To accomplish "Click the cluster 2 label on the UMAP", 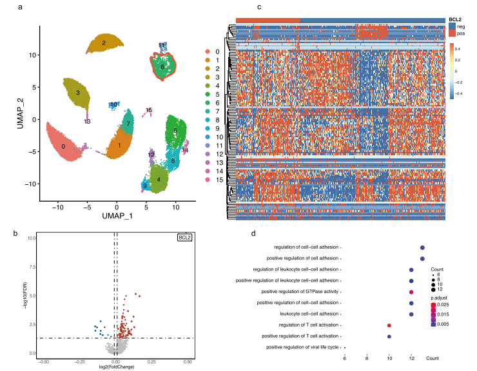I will tap(103, 43).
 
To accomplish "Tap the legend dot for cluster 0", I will tap(207, 51).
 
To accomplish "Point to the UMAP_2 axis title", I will tap(20, 113).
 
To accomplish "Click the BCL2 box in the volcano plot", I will tap(185, 238).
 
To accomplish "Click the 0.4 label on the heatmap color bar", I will tap(456, 48).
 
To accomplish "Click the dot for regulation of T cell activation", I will tap(389, 325).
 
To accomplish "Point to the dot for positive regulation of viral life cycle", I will tap(345, 348).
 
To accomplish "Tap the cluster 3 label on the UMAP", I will tap(77, 93).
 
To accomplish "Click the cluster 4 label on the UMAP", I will tap(157, 180).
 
